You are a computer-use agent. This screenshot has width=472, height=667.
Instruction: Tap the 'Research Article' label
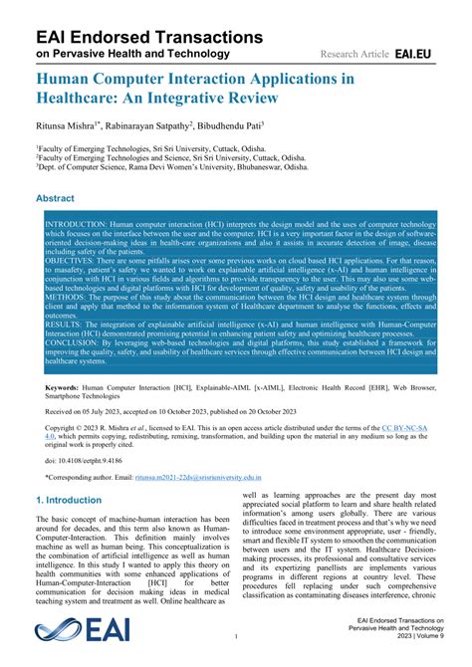pos(355,53)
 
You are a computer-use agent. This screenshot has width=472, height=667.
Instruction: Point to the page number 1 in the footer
pos(236,634)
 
